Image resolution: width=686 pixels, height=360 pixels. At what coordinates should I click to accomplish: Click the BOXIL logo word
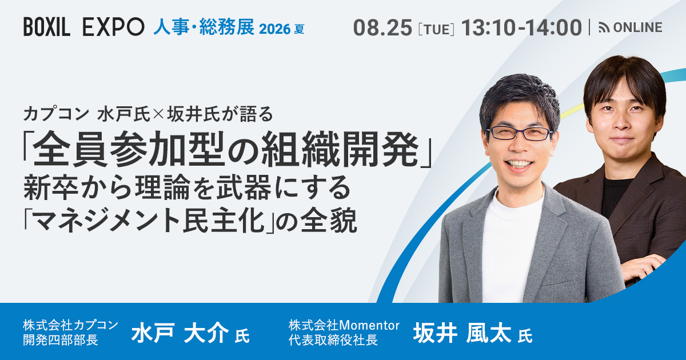[47, 27]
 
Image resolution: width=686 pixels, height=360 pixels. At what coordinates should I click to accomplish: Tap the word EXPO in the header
[113, 27]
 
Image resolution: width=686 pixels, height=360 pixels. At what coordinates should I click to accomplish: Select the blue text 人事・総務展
[204, 27]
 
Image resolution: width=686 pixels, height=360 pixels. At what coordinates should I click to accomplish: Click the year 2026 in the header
[275, 29]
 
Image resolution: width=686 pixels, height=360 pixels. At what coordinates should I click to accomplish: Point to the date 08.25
[383, 27]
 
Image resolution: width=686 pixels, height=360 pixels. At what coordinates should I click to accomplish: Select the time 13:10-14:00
[521, 27]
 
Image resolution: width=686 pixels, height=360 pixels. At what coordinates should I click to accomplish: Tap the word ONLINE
[637, 27]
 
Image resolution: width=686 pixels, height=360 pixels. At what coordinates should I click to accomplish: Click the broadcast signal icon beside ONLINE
[604, 28]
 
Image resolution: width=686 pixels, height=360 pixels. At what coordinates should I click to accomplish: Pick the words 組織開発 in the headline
[340, 149]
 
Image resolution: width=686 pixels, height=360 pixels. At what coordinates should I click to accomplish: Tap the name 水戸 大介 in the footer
[180, 333]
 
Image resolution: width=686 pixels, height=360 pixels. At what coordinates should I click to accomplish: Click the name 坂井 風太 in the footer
[462, 333]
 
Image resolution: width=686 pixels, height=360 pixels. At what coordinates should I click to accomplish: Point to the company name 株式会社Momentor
[344, 325]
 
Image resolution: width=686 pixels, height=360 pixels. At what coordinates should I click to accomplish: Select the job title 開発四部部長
[61, 340]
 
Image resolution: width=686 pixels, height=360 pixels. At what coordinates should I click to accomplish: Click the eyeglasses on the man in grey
[520, 133]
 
